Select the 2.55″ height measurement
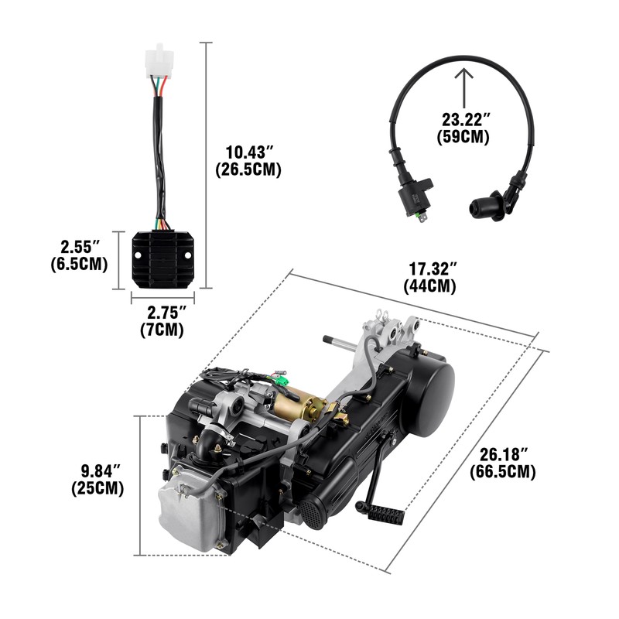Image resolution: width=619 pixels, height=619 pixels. tap(81, 247)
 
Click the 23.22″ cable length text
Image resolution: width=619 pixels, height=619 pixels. tap(465, 119)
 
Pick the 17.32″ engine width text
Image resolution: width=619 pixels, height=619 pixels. tap(433, 268)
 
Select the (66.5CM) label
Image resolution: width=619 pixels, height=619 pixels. tap(502, 470)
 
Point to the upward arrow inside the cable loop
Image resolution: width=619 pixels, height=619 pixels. tap(464, 85)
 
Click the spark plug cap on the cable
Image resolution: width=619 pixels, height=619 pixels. tap(480, 206)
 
